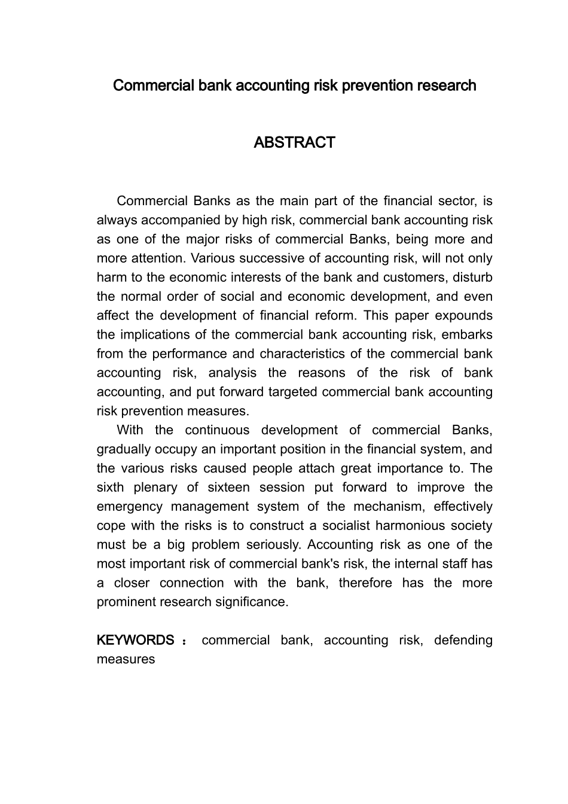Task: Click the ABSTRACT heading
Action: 294,142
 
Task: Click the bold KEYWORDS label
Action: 136,640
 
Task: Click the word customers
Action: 419,278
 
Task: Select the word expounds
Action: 464,316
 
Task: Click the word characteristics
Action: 310,354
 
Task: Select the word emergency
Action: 130,507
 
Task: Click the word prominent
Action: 126,602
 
